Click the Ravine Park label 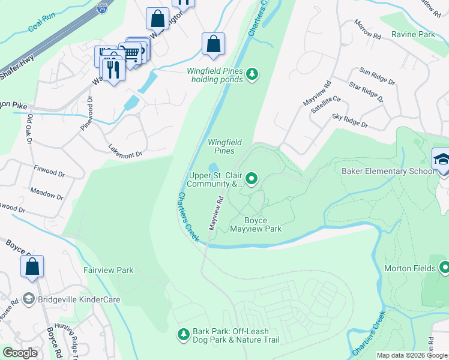pos(413,34)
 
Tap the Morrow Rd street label pos(367,29)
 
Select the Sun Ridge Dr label pos(375,75)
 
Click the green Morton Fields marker pos(445,267)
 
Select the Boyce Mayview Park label pos(255,224)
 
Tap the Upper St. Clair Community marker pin pos(252,178)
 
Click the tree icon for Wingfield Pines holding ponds pos(253,74)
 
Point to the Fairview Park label pos(108,271)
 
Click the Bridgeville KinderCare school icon pos(28,299)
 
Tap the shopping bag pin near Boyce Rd pos(32,266)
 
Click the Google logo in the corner pos(20,353)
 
